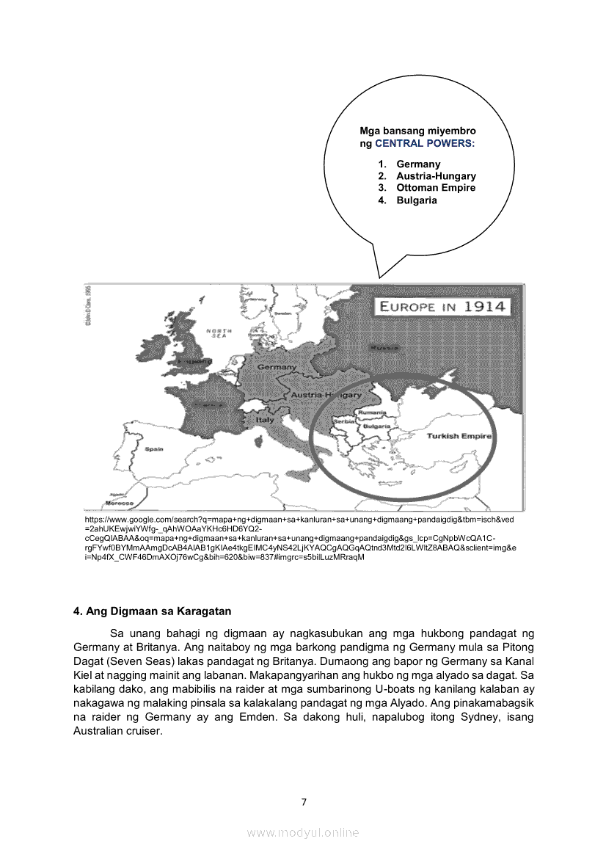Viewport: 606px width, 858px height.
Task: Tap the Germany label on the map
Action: [x=277, y=366]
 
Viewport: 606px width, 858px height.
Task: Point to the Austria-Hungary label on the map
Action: [x=320, y=395]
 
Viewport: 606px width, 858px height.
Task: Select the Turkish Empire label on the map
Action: [x=459, y=435]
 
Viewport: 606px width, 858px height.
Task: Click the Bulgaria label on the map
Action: [x=376, y=426]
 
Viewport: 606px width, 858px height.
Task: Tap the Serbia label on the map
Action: [x=344, y=422]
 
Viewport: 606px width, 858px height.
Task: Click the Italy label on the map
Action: [x=265, y=420]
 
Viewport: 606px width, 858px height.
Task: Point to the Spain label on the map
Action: [x=154, y=448]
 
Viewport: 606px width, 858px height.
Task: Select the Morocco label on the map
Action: [x=118, y=504]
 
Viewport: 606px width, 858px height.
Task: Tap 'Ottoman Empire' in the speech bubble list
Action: [x=436, y=188]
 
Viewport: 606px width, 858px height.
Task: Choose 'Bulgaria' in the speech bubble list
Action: [x=417, y=200]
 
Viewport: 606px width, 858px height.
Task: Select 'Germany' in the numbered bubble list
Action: [x=418, y=164]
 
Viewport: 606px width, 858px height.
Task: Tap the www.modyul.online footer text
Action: [x=303, y=832]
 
